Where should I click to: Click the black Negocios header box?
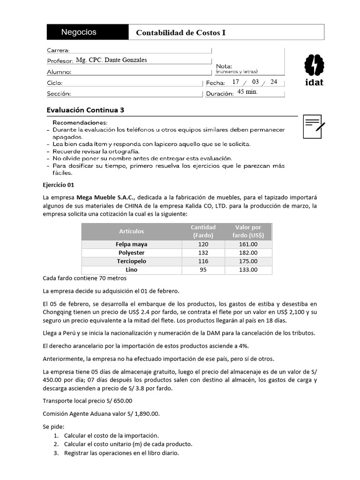[x=88, y=32]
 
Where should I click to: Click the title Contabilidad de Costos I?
[x=180, y=33]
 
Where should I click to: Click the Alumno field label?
[x=59, y=72]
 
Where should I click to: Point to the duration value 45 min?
[x=247, y=92]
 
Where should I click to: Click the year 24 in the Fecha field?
[x=274, y=82]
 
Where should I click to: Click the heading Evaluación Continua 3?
[x=86, y=110]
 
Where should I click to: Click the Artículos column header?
[x=132, y=231]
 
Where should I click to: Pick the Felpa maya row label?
[x=132, y=244]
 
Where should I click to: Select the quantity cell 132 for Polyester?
[x=202, y=253]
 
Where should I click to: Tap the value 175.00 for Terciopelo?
[x=248, y=261]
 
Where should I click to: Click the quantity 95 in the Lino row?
[x=202, y=270]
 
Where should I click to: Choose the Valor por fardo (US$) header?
[x=248, y=231]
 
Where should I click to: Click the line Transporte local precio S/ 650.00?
[x=88, y=401]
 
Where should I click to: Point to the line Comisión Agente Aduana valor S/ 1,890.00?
[x=101, y=413]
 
